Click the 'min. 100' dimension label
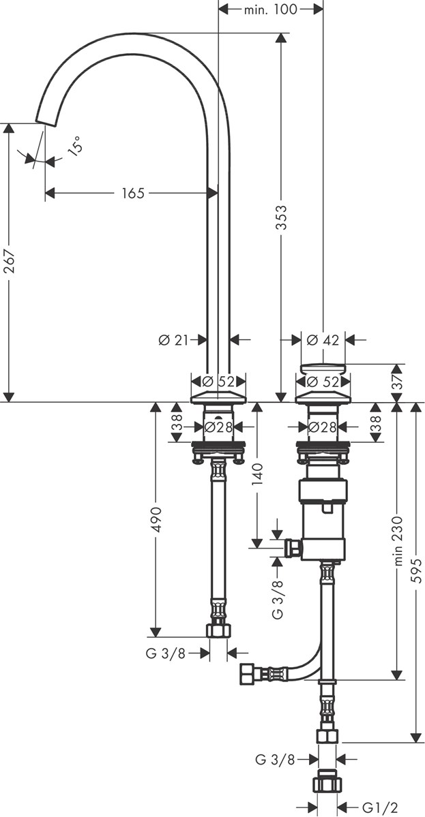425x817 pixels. point(271,9)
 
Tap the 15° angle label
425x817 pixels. point(75,145)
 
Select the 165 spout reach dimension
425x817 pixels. point(132,194)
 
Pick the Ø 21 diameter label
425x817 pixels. point(174,340)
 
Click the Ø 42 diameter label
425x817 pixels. point(323,340)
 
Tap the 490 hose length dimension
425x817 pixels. point(156,519)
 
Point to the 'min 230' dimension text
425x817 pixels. point(398,541)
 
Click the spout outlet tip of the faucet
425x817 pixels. point(46,121)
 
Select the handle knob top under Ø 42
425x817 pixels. point(323,369)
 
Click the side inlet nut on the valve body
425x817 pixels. point(293,549)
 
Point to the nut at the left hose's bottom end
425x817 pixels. point(218,630)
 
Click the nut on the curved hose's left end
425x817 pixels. point(246,674)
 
